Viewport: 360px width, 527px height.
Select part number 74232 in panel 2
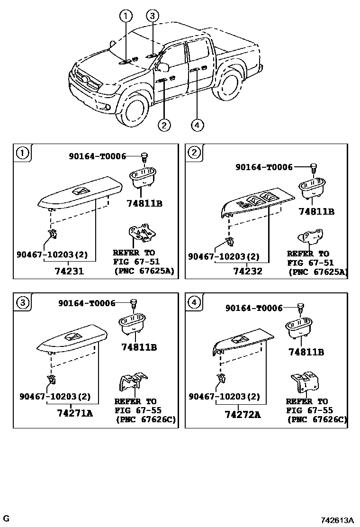(247, 272)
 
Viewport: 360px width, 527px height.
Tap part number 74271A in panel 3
(74, 413)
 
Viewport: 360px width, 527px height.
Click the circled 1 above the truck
(126, 17)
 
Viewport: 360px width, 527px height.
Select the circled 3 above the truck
(152, 17)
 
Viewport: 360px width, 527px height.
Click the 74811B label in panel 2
(316, 211)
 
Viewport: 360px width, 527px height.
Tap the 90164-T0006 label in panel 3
(87, 303)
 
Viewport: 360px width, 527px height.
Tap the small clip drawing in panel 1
(53, 233)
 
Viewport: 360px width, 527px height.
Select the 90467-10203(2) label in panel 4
(225, 396)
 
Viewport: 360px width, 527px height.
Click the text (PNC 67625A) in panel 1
(143, 272)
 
